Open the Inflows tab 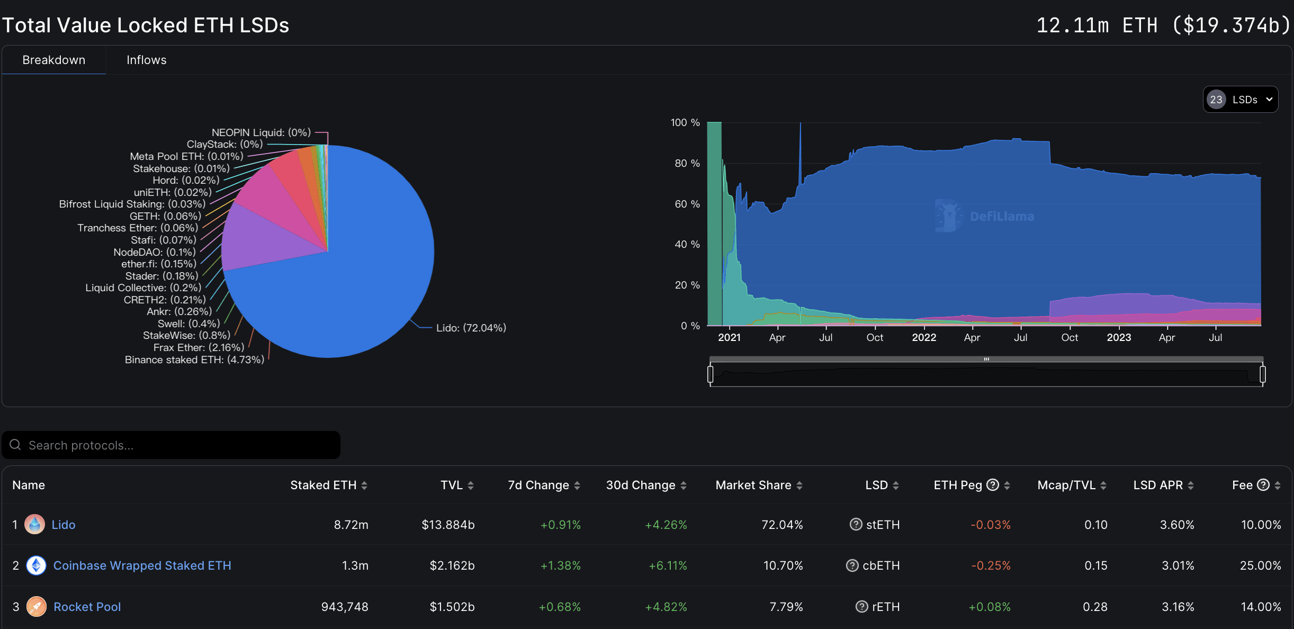tap(146, 60)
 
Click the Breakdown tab tap(53, 60)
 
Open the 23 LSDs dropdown tap(1240, 100)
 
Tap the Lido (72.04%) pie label tap(471, 328)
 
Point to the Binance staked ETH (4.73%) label tap(194, 360)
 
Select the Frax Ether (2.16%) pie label tap(199, 347)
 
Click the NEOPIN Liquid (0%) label tap(261, 132)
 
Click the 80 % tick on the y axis tap(687, 163)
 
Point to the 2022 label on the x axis tap(924, 337)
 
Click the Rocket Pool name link tap(87, 607)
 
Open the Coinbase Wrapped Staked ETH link tap(142, 565)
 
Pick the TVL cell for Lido tap(448, 525)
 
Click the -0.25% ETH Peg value tap(991, 565)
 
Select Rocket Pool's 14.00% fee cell tap(1261, 607)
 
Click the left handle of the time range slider tap(711, 374)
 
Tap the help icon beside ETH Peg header tap(993, 485)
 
